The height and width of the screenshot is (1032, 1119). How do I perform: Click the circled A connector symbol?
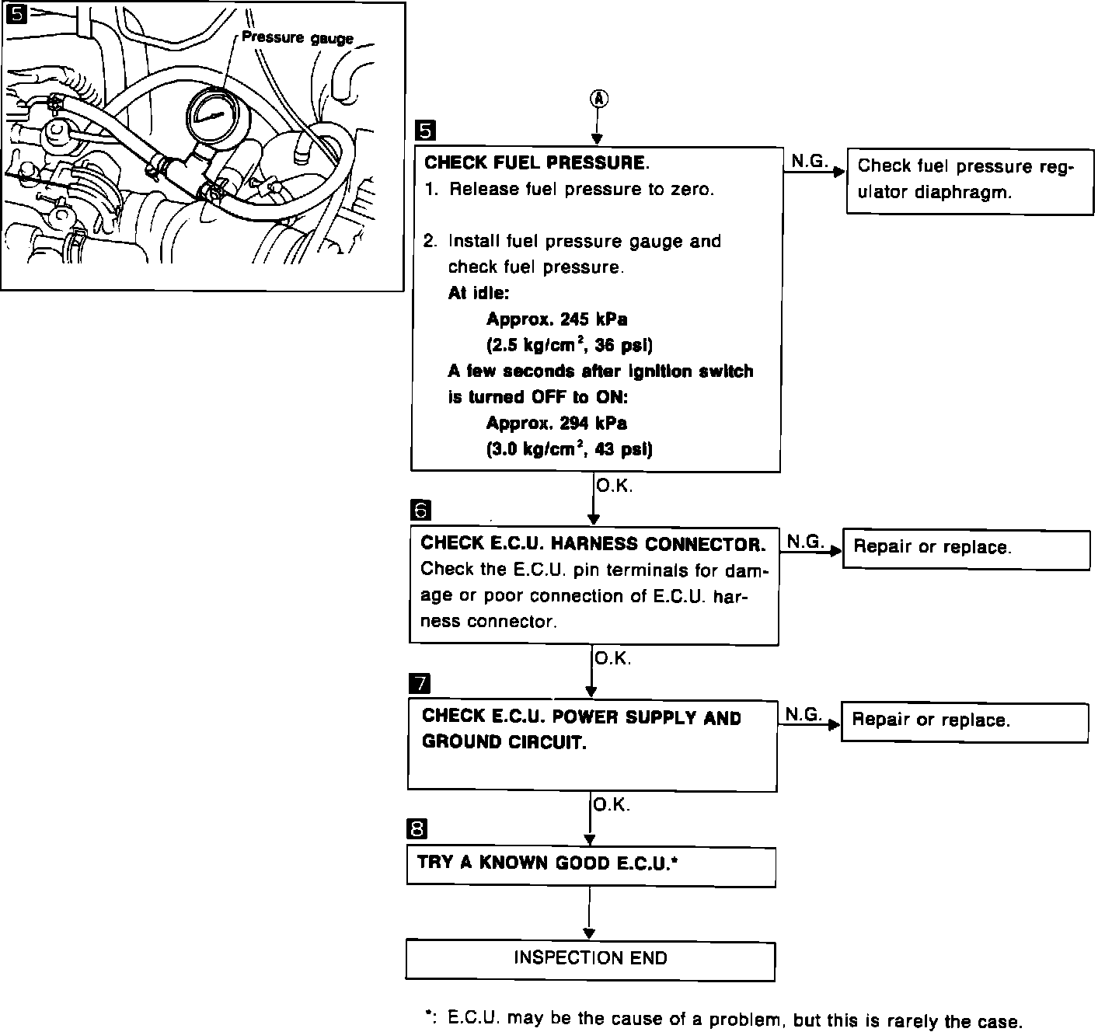coord(598,99)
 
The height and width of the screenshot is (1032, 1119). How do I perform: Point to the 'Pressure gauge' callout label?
coord(297,37)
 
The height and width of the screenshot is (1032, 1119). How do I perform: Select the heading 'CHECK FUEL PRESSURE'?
coord(535,163)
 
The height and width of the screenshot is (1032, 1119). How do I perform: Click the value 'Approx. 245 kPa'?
coord(556,319)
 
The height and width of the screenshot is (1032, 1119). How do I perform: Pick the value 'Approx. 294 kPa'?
coord(556,424)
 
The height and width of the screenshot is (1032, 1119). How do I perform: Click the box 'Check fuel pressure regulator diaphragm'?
coord(969,181)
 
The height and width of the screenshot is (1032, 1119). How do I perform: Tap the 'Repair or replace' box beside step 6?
coord(966,549)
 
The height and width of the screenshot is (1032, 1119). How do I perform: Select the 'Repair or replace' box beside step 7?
coord(964,722)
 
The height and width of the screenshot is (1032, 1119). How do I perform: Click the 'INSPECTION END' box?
coord(590,959)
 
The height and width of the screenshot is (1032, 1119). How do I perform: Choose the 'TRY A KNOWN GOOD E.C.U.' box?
coord(591,865)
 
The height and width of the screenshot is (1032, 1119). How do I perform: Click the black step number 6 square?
coord(420,511)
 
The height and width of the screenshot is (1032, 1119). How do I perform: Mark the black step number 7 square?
coord(419,684)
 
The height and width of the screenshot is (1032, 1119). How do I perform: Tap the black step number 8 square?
coord(417,829)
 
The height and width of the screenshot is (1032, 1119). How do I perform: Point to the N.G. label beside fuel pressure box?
coord(808,161)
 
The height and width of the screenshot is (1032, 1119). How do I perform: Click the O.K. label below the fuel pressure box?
coord(614,486)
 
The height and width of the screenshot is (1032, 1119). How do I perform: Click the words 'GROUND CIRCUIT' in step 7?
coord(504,742)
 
